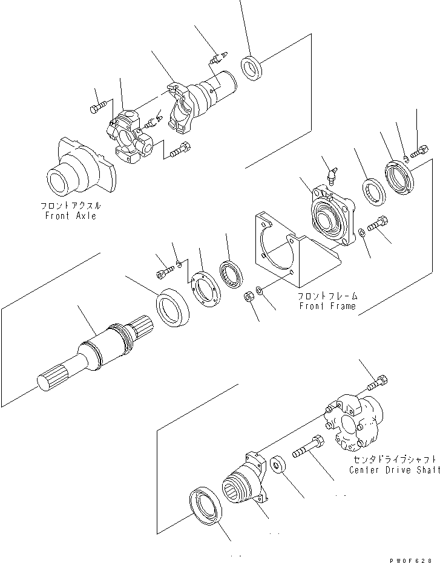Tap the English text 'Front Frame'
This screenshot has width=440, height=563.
pyautogui.click(x=327, y=306)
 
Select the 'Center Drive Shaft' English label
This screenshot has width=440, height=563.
pyautogui.click(x=394, y=470)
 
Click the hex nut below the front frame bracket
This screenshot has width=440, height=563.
pyautogui.click(x=248, y=297)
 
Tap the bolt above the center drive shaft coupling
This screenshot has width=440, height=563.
pyautogui.click(x=376, y=383)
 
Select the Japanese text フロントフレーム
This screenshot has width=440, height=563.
pyautogui.click(x=327, y=296)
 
